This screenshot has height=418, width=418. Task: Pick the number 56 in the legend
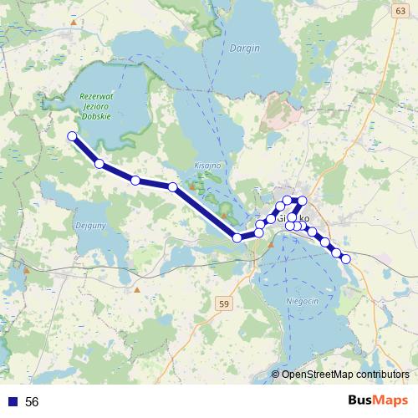(x=32, y=402)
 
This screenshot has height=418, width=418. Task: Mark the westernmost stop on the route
(x=72, y=136)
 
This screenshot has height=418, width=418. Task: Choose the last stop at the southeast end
(x=345, y=259)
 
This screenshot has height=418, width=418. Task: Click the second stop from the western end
(x=99, y=164)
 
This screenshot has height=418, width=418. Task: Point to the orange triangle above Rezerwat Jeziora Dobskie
(x=74, y=22)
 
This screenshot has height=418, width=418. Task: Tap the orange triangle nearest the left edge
(x=26, y=270)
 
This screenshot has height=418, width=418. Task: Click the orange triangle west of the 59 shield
(x=137, y=290)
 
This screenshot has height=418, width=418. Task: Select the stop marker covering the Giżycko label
(x=291, y=217)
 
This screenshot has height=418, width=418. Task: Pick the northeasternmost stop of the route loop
(x=303, y=201)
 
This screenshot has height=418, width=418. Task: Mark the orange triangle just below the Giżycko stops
(x=270, y=245)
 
